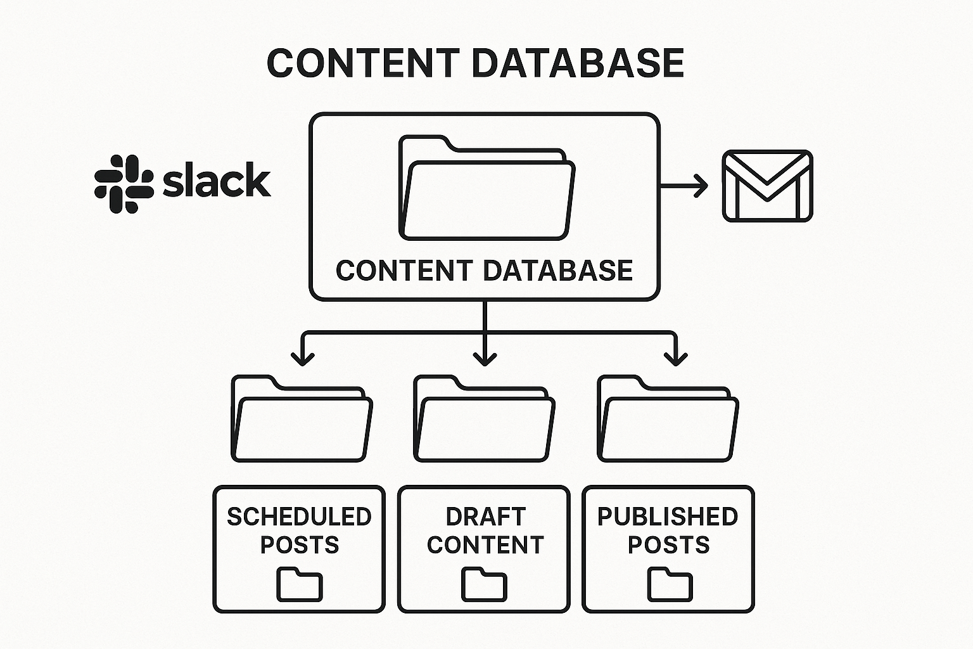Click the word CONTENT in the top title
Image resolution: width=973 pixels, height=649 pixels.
[363, 63]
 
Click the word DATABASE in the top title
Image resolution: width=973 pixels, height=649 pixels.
[577, 63]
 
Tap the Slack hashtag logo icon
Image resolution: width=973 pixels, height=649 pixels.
[124, 183]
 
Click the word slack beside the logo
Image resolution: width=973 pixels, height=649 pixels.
[217, 181]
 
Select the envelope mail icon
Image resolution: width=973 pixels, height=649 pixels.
[767, 186]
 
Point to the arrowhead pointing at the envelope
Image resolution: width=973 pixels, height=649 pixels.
[701, 186]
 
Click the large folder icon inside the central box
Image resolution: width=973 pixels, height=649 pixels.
[486, 188]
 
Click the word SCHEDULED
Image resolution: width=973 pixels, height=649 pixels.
[299, 517]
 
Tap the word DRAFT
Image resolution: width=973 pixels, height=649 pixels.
[485, 517]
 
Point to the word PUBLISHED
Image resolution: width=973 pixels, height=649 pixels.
[668, 517]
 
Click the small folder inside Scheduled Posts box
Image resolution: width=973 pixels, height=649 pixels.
[300, 584]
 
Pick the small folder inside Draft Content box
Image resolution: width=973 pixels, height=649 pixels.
[484, 584]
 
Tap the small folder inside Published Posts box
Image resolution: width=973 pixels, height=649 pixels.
[670, 584]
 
